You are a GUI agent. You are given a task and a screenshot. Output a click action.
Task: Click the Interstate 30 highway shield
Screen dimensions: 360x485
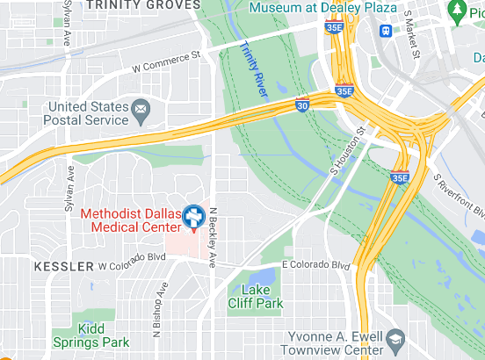(302, 106)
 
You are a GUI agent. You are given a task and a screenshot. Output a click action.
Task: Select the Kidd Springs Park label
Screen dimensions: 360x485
(90, 335)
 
